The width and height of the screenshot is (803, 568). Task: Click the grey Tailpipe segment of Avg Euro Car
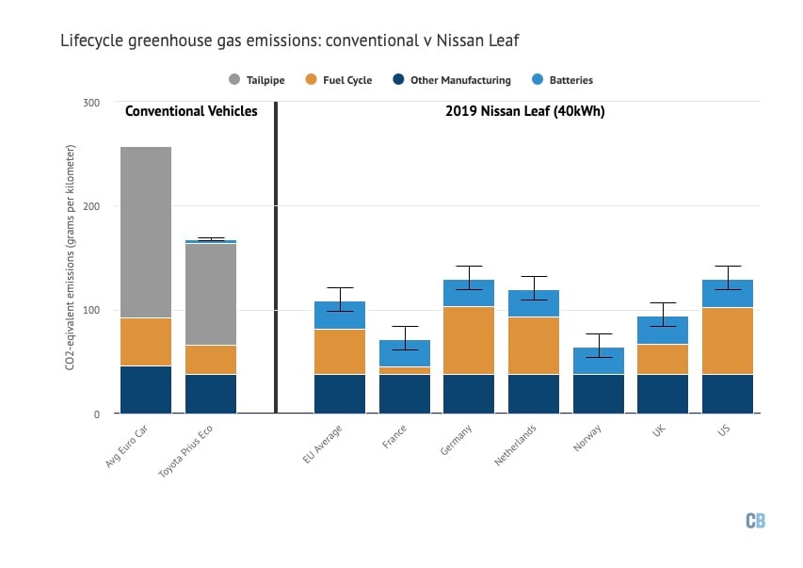(146, 232)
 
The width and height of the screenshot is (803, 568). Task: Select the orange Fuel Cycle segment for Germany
(469, 340)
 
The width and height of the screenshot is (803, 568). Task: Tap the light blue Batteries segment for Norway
(598, 361)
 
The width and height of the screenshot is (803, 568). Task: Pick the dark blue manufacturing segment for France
(404, 394)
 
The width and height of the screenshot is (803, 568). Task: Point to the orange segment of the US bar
(727, 341)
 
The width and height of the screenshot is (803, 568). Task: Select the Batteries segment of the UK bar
(663, 331)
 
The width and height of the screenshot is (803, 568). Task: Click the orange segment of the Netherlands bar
(533, 345)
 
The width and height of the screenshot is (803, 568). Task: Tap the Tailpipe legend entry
(259, 80)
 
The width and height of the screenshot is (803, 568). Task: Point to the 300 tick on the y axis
(91, 102)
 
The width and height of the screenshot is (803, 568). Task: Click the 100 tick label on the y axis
(91, 310)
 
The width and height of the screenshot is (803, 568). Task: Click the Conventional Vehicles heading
(191, 111)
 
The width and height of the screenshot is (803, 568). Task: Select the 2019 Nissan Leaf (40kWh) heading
(524, 111)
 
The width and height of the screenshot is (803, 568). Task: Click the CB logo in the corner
(755, 521)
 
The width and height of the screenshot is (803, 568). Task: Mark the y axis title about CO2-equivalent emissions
(71, 257)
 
